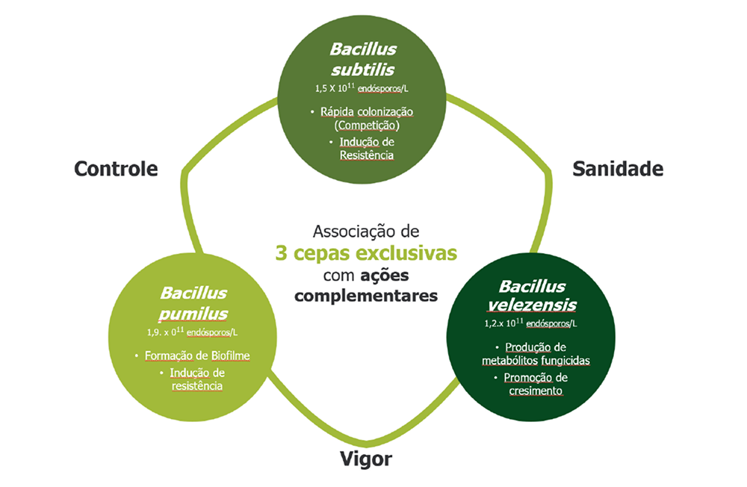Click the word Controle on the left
coord(116,168)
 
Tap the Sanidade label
coord(618,168)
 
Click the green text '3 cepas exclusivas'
coord(365,252)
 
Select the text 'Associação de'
coord(365,230)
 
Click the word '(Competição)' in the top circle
coord(363,125)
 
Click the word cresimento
coord(531,391)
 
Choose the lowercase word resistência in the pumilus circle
coord(196,386)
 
